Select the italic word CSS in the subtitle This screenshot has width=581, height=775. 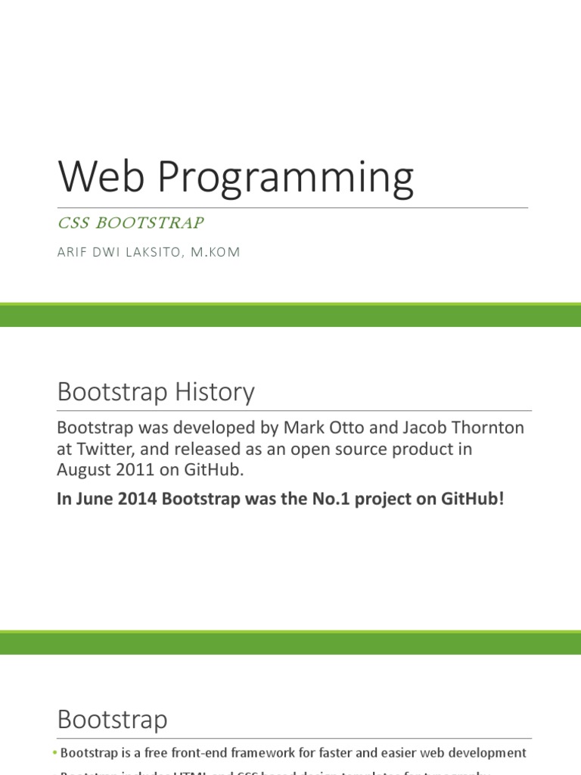73,223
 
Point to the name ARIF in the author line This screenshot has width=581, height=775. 73,253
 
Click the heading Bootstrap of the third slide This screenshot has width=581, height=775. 112,719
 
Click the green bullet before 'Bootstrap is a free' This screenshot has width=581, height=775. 55,754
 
